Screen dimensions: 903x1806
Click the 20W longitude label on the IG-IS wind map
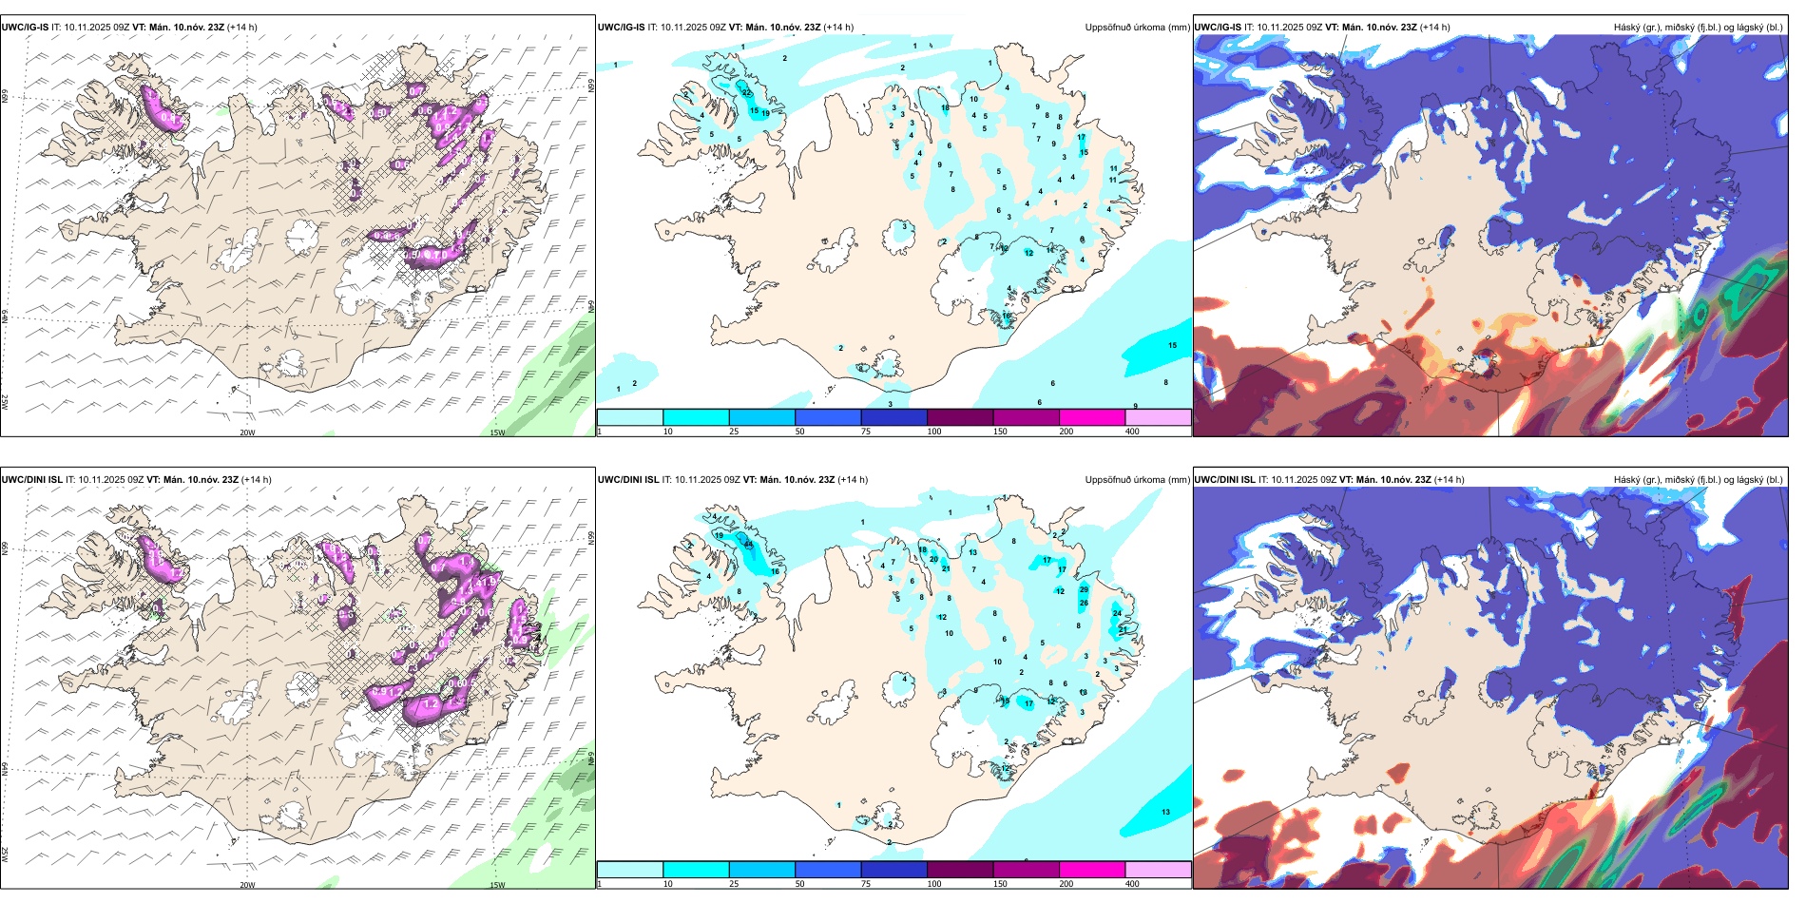[x=247, y=432]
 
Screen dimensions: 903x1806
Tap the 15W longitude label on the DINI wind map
[x=497, y=885]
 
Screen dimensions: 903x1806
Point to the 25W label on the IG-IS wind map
[x=5, y=401]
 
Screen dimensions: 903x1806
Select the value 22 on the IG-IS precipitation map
[x=746, y=92]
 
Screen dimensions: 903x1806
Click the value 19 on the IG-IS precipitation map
[x=765, y=113]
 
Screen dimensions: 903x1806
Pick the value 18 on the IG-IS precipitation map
[x=945, y=108]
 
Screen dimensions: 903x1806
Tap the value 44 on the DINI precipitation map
[x=749, y=545]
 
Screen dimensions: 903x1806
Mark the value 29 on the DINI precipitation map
[x=1084, y=590]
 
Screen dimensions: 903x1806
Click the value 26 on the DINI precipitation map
[x=1084, y=604]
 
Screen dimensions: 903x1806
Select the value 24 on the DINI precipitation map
[x=1117, y=613]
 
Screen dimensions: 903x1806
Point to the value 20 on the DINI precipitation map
[x=933, y=559]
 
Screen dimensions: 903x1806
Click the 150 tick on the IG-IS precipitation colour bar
[x=1000, y=432]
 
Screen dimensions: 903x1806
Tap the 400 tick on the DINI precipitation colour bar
[x=1132, y=884]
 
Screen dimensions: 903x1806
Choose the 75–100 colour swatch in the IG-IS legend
[x=893, y=417]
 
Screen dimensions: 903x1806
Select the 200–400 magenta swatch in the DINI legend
[x=1092, y=870]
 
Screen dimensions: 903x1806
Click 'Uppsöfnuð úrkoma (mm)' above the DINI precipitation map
[x=1137, y=480]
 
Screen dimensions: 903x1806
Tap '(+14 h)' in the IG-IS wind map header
[x=242, y=28]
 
